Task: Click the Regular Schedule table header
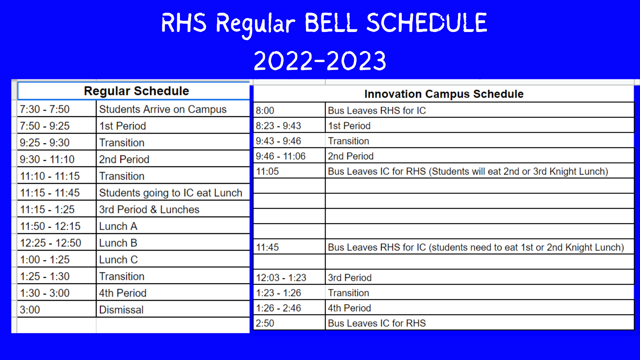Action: (136, 91)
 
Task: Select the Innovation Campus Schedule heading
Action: (444, 94)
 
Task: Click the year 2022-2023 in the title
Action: (320, 61)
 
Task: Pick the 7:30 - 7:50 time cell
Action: (45, 109)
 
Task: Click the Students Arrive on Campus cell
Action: (163, 109)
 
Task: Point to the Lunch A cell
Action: (118, 226)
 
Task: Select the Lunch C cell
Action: (118, 260)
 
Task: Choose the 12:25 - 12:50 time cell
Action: (50, 243)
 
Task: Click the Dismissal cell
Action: (121, 310)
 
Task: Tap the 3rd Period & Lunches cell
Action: (149, 210)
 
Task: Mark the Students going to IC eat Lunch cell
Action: (171, 193)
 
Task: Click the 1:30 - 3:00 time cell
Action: (45, 293)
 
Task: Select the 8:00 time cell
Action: (265, 111)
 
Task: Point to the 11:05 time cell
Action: (267, 171)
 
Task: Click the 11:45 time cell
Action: (267, 247)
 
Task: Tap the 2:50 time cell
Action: (265, 323)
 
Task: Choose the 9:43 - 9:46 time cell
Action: (278, 141)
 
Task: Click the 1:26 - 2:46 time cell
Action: (278, 308)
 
